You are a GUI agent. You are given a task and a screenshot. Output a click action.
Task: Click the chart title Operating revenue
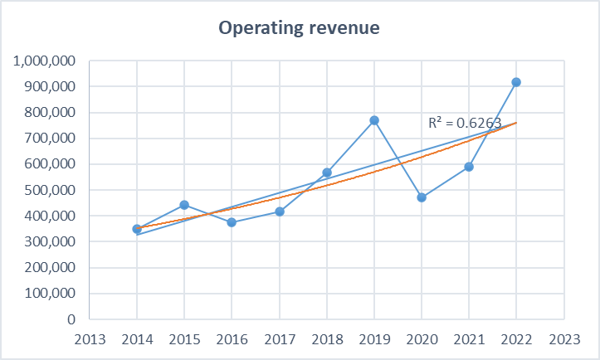(x=299, y=28)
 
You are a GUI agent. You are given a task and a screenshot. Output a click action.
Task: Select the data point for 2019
(x=374, y=120)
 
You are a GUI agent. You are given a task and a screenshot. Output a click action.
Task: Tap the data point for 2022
(x=516, y=82)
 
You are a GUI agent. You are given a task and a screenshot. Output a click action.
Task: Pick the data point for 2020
(x=422, y=197)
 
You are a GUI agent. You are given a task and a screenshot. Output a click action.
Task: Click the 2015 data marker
(x=184, y=205)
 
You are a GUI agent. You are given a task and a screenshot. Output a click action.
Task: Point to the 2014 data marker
(x=137, y=229)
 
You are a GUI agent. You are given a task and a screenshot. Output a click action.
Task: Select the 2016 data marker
(x=232, y=222)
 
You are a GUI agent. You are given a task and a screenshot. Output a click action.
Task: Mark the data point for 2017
(x=280, y=212)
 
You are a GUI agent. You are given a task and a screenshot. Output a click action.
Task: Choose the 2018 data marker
(x=327, y=173)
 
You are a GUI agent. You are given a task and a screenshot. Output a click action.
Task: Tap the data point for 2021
(x=469, y=167)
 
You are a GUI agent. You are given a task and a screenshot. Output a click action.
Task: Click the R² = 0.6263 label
(x=465, y=123)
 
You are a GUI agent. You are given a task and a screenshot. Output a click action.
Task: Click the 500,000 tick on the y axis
(x=50, y=190)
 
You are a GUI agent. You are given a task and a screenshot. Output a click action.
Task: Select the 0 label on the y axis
(x=73, y=319)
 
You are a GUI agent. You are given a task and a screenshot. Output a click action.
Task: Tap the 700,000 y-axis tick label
(x=50, y=139)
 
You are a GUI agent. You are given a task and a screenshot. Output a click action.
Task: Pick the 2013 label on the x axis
(x=89, y=338)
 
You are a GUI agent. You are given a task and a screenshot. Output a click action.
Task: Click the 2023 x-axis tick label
(x=563, y=338)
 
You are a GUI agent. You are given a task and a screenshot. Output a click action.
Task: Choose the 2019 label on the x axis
(x=374, y=338)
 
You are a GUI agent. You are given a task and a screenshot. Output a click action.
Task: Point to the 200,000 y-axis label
(x=50, y=268)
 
